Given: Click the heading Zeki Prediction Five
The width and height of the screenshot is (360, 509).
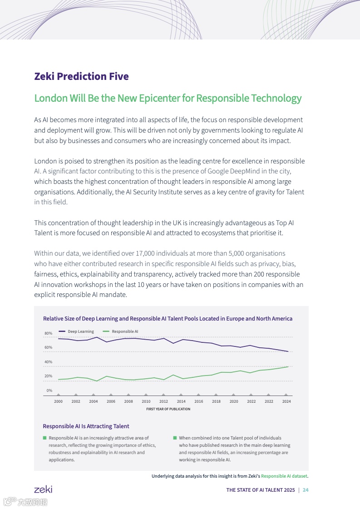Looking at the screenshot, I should pos(81,76).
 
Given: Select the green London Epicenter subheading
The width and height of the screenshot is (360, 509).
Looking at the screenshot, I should pos(168,98).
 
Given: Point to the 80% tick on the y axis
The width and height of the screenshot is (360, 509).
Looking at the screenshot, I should pos(48,333).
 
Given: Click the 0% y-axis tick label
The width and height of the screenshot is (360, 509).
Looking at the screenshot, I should pos(49,390).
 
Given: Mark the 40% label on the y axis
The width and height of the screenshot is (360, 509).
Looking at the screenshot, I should pos(48,362).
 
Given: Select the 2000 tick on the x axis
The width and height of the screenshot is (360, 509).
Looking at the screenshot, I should pos(58,401).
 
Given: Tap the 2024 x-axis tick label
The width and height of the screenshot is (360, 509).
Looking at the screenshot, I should pos(286,401).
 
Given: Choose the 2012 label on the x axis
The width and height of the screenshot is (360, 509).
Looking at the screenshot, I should pos(163,401).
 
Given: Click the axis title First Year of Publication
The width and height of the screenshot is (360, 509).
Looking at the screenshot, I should pos(168,409).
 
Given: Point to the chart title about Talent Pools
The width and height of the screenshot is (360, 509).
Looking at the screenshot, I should pos(168,319).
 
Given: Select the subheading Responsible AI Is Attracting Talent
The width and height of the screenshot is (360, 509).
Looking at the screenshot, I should pos(86,426).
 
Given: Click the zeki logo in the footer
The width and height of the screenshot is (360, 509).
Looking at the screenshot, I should pos(43,489).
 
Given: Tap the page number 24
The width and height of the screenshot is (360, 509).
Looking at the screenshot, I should pos(306,490).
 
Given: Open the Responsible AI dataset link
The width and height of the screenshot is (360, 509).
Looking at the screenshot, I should pos(284,476).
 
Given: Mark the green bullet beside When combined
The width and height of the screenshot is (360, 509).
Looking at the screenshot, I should pos(175,438).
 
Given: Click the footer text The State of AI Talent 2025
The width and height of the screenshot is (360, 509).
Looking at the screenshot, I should pos(260,490).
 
